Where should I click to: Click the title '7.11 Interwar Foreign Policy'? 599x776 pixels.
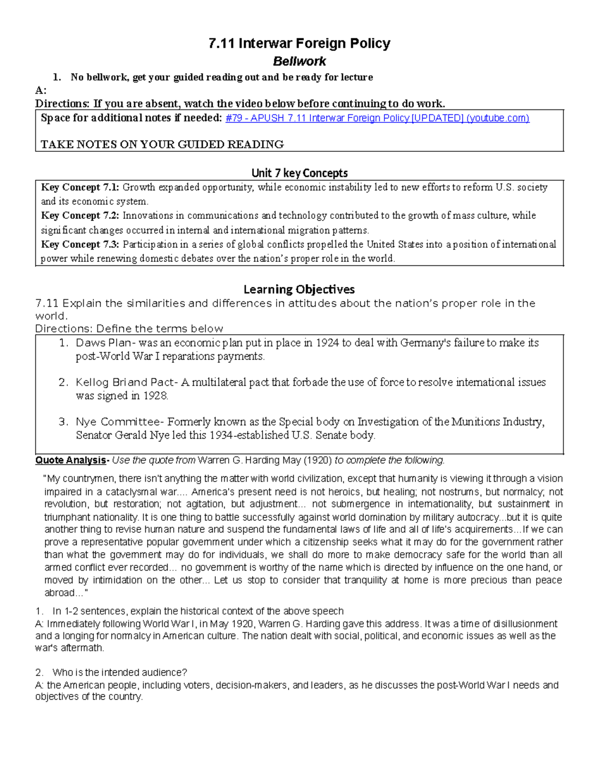coord(299,43)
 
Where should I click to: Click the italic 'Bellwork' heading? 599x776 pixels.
coord(299,61)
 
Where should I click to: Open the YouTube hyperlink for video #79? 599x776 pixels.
coord(377,118)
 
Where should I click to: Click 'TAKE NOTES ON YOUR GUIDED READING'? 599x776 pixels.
coord(162,144)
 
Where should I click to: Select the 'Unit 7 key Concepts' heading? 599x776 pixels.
coord(299,173)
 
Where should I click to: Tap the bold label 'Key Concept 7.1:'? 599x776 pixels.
coord(80,187)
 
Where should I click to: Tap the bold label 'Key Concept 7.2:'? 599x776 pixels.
coord(80,216)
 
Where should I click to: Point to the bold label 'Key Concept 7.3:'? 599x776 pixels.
coord(80,244)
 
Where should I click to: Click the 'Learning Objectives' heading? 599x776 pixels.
coord(299,289)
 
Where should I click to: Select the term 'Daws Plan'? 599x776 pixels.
coord(102,343)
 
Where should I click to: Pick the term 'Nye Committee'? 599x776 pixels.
coord(120,422)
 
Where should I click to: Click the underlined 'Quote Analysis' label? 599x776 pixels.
coord(70,460)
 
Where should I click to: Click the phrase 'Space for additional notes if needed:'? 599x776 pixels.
coord(131,118)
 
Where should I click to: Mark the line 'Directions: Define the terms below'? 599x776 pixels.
coord(129,329)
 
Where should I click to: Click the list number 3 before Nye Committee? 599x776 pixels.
coord(62,422)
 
